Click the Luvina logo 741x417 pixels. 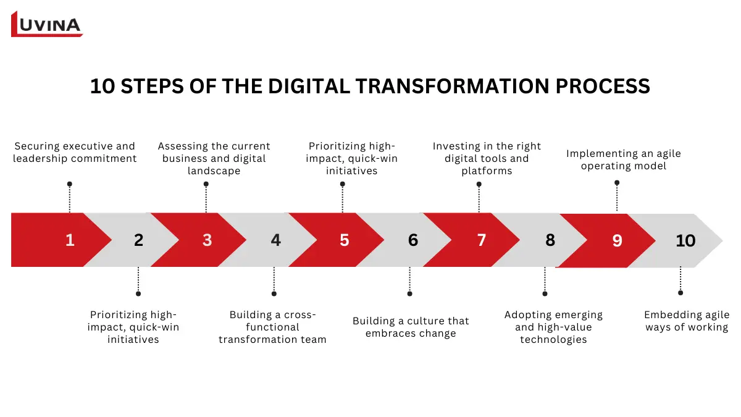pyautogui.click(x=47, y=24)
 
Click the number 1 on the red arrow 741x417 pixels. pyautogui.click(x=70, y=240)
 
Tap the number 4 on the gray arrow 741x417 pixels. pyautogui.click(x=275, y=240)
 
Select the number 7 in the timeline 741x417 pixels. pyautogui.click(x=482, y=240)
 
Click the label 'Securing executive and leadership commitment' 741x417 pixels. pyautogui.click(x=75, y=153)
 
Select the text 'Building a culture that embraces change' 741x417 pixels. pyautogui.click(x=411, y=327)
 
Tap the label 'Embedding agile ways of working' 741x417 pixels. pyautogui.click(x=687, y=321)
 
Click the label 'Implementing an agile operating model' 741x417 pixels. pyautogui.click(x=624, y=159)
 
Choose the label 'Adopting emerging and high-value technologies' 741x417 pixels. pyautogui.click(x=553, y=327)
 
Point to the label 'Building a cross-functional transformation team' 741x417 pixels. pyautogui.click(x=272, y=327)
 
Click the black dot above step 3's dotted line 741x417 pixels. pyautogui.click(x=206, y=184)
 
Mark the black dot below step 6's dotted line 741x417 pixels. pyautogui.click(x=409, y=293)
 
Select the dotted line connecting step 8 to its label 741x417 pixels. pyautogui.click(x=545, y=280)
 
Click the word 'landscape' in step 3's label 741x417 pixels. pyautogui.click(x=214, y=171)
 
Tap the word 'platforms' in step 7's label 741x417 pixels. pyautogui.click(x=487, y=171)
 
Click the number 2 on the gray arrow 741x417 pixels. pyautogui.click(x=138, y=240)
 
